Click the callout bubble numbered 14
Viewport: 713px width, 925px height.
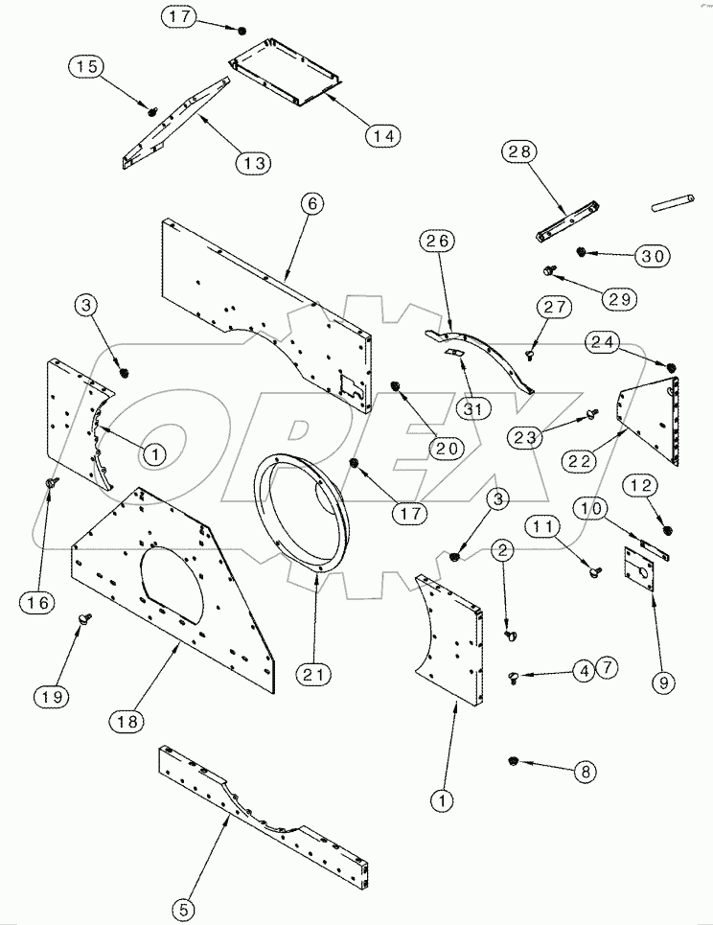point(383,136)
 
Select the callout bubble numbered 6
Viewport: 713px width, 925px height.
point(310,204)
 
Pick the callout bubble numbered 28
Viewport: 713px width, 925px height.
point(523,151)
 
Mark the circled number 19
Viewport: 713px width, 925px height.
point(54,697)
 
